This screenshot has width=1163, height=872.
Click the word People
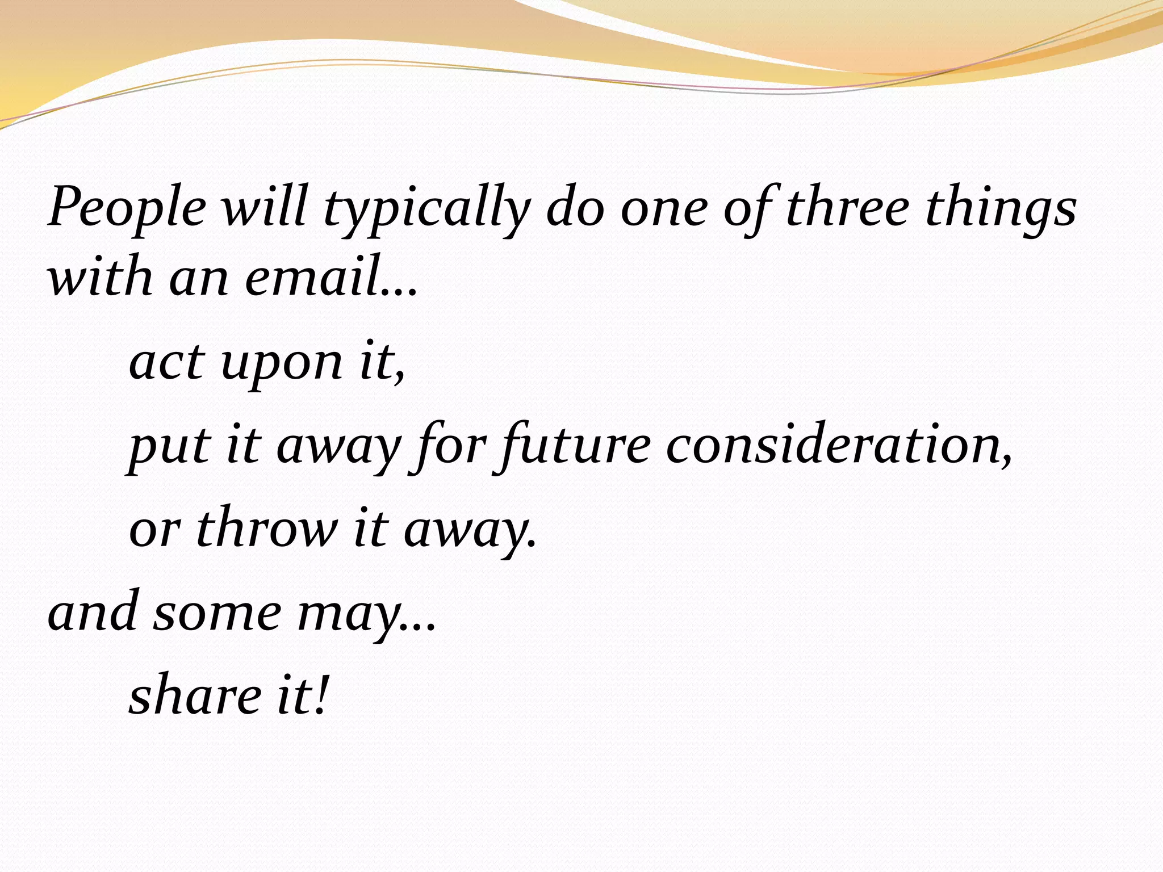pyautogui.click(x=127, y=208)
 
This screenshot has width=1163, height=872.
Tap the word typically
pyautogui.click(x=426, y=210)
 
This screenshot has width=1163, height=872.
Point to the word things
pyautogui.click(x=1001, y=210)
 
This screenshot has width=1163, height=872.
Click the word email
pyautogui.click(x=312, y=278)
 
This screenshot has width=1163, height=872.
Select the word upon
pyautogui.click(x=282, y=366)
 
